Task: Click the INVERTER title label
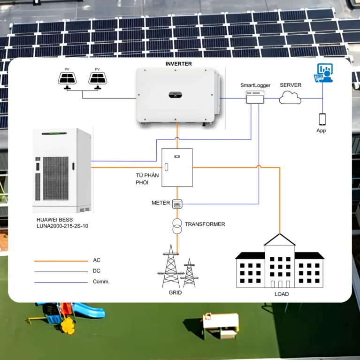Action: pyautogui.click(x=178, y=63)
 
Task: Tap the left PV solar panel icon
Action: pyautogui.click(x=68, y=79)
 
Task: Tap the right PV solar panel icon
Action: pyautogui.click(x=98, y=79)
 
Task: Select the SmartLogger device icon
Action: pyautogui.click(x=255, y=98)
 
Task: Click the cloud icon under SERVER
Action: pyautogui.click(x=291, y=98)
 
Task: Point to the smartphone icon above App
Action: pyautogui.click(x=322, y=119)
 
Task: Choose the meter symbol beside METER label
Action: pyautogui.click(x=177, y=203)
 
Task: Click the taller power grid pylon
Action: pyautogui.click(x=171, y=268)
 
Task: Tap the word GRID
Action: pyautogui.click(x=175, y=292)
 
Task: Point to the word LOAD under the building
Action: pyautogui.click(x=281, y=294)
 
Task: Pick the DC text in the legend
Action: pyautogui.click(x=97, y=271)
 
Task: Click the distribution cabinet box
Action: pyautogui.click(x=177, y=167)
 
